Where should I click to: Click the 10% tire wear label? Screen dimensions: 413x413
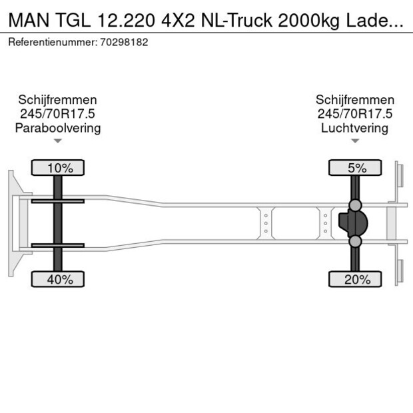click(58, 168)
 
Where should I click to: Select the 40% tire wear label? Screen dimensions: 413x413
click(58, 280)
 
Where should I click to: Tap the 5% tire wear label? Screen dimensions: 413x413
click(356, 168)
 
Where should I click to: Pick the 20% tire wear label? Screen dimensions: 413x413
click(356, 280)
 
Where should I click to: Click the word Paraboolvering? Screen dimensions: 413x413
click(58, 128)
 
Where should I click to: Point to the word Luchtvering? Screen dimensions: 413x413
click(354, 128)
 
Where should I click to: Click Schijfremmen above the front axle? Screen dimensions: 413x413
click(58, 100)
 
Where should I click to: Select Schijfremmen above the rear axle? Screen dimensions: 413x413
click(354, 100)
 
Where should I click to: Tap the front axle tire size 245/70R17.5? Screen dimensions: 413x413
click(58, 114)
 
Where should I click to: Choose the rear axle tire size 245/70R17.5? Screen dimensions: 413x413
click(354, 114)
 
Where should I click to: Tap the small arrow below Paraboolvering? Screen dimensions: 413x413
click(58, 141)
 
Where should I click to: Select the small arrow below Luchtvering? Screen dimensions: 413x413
click(355, 141)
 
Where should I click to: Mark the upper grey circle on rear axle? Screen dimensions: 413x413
click(356, 205)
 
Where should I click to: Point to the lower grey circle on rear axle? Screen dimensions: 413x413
click(356, 241)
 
